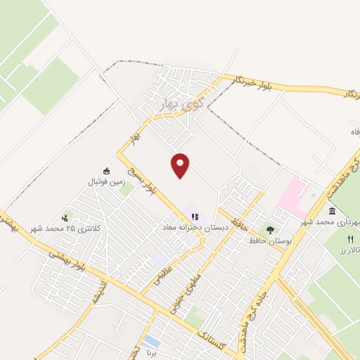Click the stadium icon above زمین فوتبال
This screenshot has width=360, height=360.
coord(106,171)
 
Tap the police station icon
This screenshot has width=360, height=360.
coord(65,217)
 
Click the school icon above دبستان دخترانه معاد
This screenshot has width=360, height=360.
coord(194,216)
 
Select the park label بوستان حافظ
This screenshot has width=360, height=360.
coord(269,240)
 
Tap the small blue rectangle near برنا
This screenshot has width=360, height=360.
coord(150,342)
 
